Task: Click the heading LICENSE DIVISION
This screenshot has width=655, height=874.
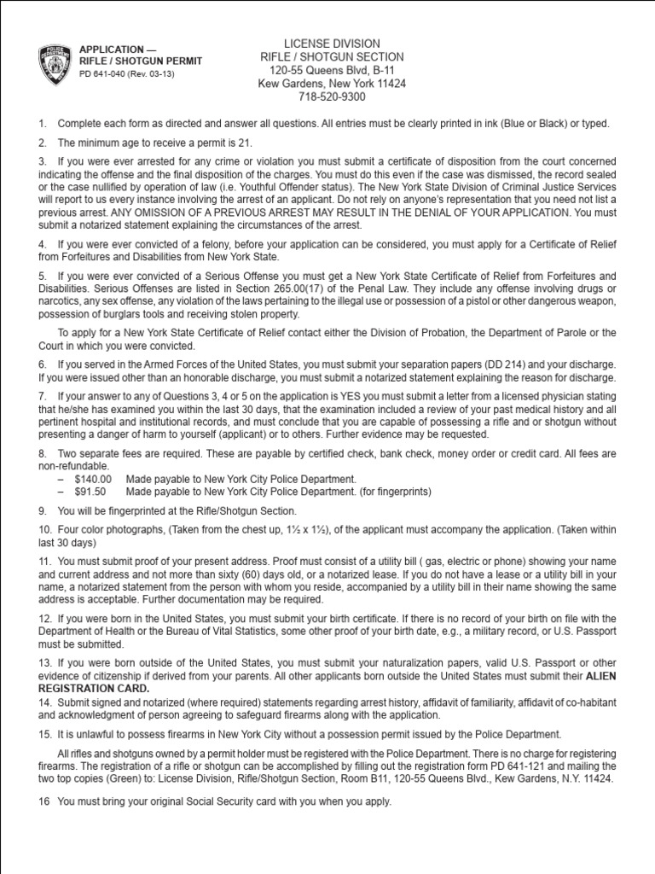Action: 332,44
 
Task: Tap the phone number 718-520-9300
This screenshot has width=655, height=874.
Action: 332,97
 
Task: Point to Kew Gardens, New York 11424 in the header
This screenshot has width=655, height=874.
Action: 332,84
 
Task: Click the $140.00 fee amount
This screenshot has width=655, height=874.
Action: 93,480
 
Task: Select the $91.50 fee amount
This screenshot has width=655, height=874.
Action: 90,492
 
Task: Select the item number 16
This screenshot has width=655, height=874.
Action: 43,801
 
